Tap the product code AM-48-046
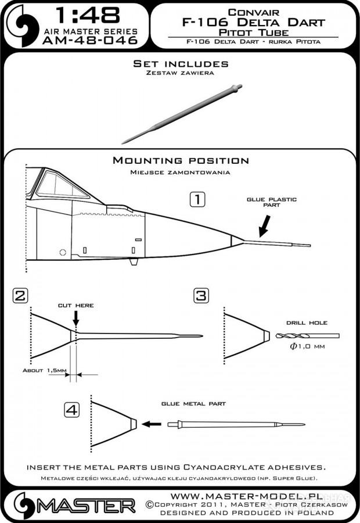[x=90, y=40]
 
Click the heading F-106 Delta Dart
[x=253, y=22]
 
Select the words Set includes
[x=181, y=64]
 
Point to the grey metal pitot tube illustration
[x=182, y=114]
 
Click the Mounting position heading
[x=181, y=160]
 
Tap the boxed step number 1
[x=197, y=199]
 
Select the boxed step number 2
[x=20, y=296]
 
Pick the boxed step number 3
[x=201, y=296]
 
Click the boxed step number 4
[x=71, y=410]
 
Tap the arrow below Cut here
[x=76, y=318]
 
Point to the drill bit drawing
[x=307, y=336]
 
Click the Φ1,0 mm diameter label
[x=307, y=346]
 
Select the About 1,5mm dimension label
[x=45, y=371]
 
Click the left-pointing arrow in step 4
[x=152, y=424]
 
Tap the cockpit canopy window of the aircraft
[x=62, y=184]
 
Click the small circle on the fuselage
[x=63, y=253]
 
